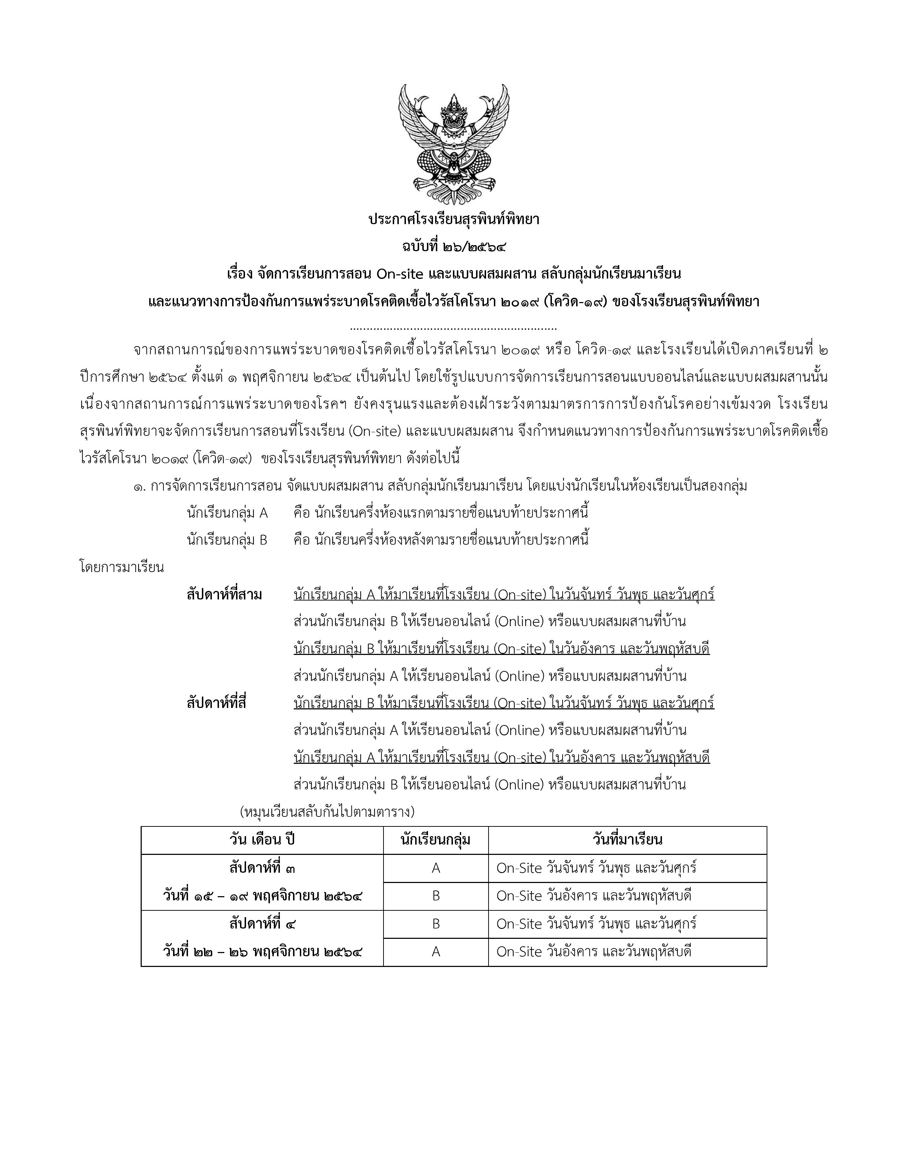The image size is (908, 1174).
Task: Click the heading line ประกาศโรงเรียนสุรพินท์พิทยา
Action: point(453,220)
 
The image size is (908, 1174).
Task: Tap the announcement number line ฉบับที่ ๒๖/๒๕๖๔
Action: point(453,247)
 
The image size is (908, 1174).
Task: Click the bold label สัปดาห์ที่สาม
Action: point(224,595)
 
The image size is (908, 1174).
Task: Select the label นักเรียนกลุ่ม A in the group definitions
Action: point(227,513)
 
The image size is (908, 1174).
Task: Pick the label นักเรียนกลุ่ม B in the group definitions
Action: point(227,540)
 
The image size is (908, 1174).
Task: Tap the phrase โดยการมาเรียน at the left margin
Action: point(121,568)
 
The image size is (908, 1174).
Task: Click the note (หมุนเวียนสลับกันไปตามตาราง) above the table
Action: point(327,811)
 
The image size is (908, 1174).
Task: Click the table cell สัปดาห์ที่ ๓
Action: point(262,868)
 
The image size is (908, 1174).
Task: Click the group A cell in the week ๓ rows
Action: point(436,868)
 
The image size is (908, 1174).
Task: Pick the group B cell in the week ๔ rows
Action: point(436,924)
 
